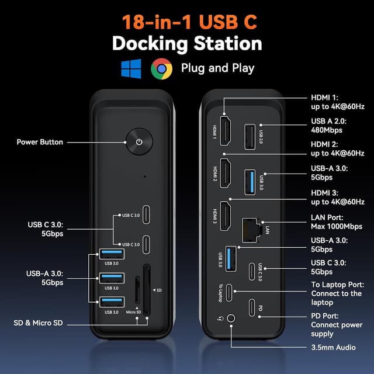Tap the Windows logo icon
[x=131, y=68]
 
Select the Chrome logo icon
[x=161, y=68]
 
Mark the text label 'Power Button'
[x=40, y=142]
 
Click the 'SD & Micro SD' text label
[x=37, y=323]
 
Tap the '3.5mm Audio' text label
[x=333, y=348]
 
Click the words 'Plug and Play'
[x=217, y=68]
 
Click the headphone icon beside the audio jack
[x=219, y=319]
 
